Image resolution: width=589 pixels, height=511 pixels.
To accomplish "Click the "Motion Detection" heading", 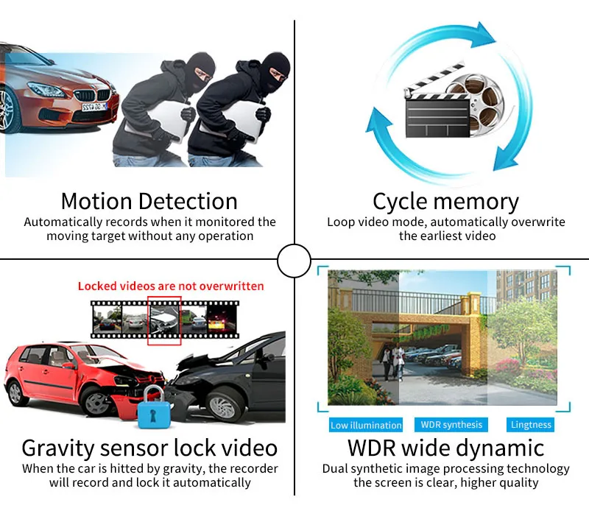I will [149, 201].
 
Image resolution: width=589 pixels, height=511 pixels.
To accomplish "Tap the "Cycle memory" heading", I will [445, 201].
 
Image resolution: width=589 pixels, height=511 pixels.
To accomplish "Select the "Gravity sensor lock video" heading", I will [149, 448].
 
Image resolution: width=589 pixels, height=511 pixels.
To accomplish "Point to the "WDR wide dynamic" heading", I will [445, 448].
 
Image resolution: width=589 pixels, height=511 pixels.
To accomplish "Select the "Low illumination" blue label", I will [366, 425].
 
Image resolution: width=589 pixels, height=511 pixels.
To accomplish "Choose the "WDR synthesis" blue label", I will [451, 424].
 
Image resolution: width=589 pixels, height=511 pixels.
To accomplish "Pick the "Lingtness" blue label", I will [531, 425].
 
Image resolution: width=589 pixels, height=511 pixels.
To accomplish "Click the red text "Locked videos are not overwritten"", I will [171, 286].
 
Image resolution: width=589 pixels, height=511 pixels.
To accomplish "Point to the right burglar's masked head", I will [275, 71].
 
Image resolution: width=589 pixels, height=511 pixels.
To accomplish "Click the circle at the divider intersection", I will [294, 258].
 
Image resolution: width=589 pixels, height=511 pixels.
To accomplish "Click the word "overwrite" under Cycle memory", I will [536, 222].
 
